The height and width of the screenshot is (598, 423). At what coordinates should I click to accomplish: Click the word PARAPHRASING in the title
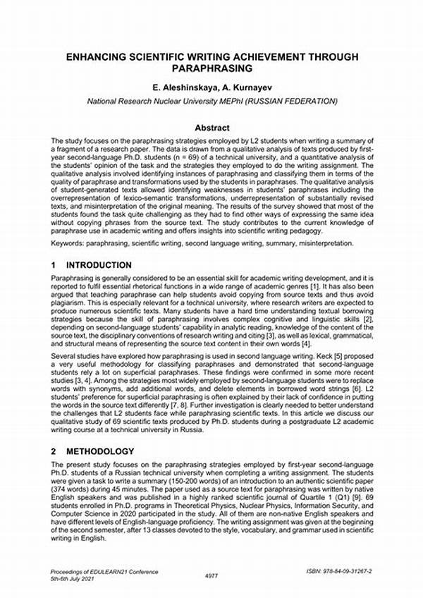coord(212,69)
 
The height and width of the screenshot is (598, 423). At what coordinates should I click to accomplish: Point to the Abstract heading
coord(212,128)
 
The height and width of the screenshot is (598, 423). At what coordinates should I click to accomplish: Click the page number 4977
coord(211,575)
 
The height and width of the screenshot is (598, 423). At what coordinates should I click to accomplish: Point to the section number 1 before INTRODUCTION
coord(54,265)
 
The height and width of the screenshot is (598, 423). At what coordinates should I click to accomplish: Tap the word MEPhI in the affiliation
coord(236,101)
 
